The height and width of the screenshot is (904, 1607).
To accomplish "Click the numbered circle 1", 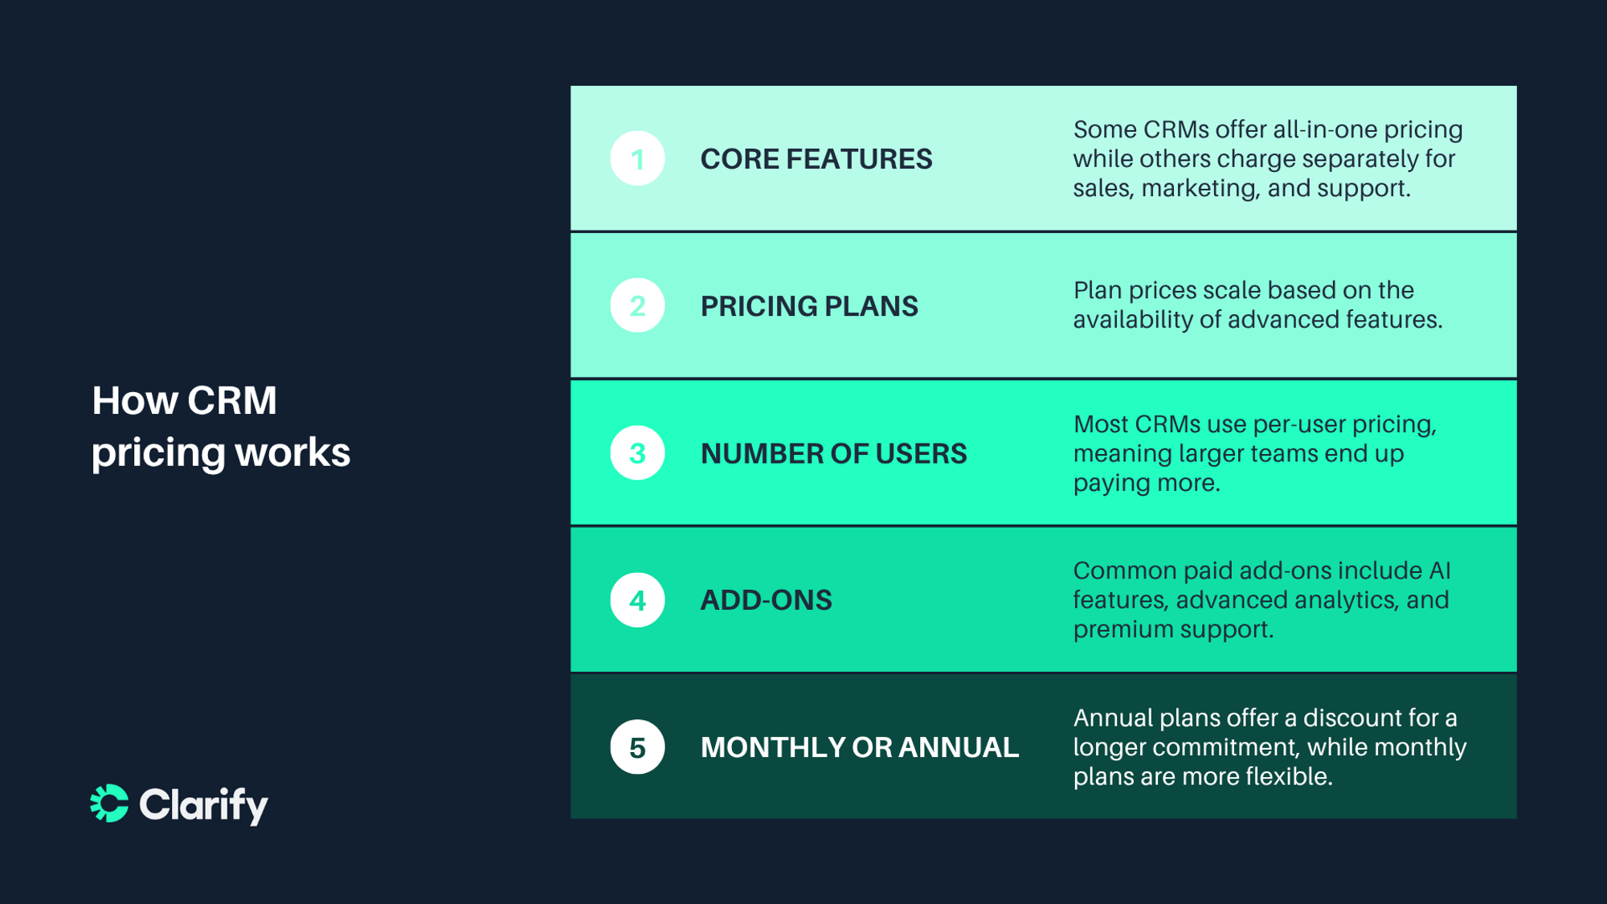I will [637, 158].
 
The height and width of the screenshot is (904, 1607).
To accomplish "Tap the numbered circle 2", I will [637, 305].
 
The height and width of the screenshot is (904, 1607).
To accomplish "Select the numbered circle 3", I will [637, 453].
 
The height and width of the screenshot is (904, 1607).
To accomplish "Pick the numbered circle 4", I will [637, 600].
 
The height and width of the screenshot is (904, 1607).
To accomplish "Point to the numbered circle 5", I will [637, 747].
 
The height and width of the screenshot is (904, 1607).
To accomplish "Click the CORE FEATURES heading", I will [816, 159].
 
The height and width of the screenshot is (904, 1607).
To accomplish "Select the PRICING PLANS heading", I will [808, 306].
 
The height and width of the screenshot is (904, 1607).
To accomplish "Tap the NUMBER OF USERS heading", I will [833, 454].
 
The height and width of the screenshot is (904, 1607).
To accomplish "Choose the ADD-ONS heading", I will [766, 600].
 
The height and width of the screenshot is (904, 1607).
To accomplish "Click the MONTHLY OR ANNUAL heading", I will [859, 747].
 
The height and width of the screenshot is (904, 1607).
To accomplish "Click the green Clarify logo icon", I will [109, 804].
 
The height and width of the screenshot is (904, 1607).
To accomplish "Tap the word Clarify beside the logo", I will [203, 804].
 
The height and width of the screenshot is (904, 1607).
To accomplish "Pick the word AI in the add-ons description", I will [1439, 571].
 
